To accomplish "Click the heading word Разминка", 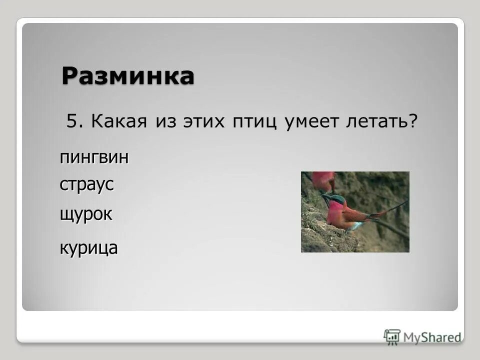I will [x=128, y=76].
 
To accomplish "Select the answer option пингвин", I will [x=94, y=157].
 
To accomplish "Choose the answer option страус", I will [x=87, y=184].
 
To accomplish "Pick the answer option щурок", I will [x=86, y=214].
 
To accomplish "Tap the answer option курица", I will [x=89, y=247].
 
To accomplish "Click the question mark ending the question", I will [x=413, y=123].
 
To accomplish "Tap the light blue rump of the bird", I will [x=354, y=226].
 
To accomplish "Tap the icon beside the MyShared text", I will [x=392, y=336].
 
